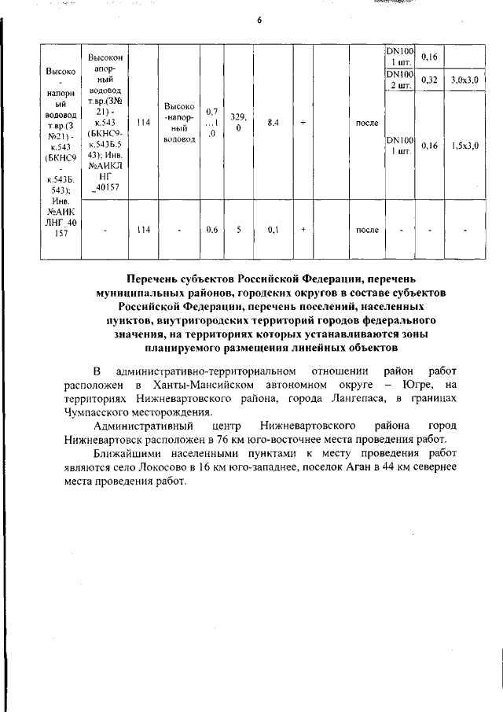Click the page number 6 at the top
click(x=259, y=20)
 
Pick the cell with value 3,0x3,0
click(x=465, y=80)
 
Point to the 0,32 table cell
click(x=429, y=80)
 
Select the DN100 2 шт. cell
click(x=399, y=80)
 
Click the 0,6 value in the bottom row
click(x=211, y=231)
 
